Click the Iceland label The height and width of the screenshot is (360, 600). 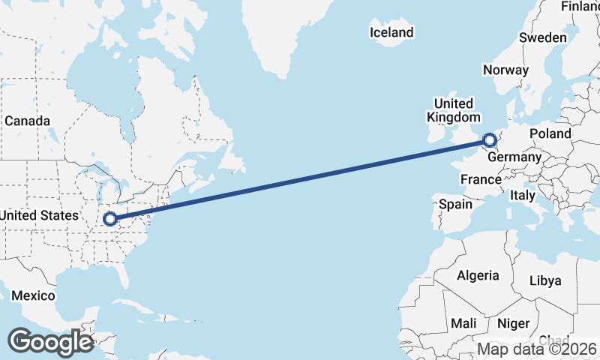[391, 32]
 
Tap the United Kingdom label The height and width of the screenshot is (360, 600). [454, 110]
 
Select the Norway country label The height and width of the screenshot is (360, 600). [505, 70]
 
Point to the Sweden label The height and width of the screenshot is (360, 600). [542, 37]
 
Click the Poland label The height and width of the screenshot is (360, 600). [550, 133]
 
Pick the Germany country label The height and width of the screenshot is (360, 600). [514, 157]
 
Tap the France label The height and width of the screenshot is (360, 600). [481, 179]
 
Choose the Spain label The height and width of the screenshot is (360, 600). [455, 204]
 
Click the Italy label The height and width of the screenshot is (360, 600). [522, 195]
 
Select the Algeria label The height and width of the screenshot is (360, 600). [478, 275]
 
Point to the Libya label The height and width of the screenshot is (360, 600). [544, 280]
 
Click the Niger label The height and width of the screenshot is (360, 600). [513, 323]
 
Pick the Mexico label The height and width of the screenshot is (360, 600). [33, 295]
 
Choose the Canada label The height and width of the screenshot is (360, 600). [27, 121]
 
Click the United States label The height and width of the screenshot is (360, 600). [39, 215]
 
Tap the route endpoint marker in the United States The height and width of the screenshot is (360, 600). [110, 219]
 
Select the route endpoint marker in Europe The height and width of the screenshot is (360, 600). [489, 139]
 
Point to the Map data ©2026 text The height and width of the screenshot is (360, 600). [537, 349]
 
